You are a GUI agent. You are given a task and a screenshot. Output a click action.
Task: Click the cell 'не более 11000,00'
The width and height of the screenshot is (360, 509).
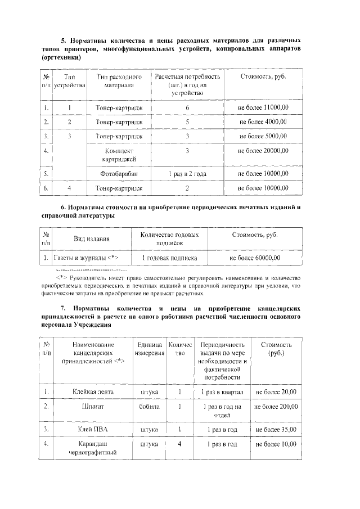pyautogui.click(x=263, y=107)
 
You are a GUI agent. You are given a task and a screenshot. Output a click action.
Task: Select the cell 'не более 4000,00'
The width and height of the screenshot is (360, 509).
pyautogui.click(x=263, y=121)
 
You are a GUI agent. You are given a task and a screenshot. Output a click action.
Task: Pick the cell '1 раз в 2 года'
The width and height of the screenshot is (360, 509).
pyautogui.click(x=187, y=174)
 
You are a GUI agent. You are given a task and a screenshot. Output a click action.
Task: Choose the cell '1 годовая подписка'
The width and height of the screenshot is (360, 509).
pyautogui.click(x=169, y=258)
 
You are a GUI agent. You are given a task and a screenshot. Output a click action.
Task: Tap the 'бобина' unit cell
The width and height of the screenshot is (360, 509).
pyautogui.click(x=150, y=406)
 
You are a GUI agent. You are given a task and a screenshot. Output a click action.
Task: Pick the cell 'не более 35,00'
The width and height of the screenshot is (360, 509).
pyautogui.click(x=276, y=429)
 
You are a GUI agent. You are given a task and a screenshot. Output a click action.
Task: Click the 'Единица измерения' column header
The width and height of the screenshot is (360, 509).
pyautogui.click(x=150, y=349)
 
